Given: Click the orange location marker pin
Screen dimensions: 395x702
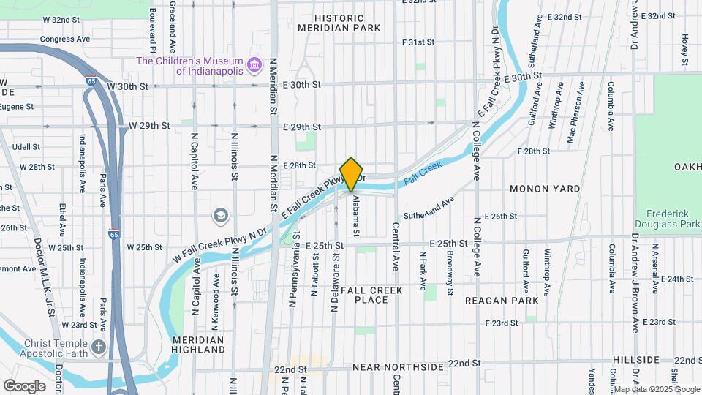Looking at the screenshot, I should (x=351, y=174).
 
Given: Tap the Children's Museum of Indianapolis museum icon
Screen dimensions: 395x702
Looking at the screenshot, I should (x=254, y=67).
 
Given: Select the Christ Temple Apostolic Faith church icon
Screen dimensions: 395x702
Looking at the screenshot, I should (x=99, y=347).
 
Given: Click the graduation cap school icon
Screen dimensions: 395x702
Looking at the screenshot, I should (x=219, y=216).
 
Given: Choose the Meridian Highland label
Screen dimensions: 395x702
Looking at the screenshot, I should (x=199, y=345).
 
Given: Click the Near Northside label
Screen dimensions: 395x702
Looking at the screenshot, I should (x=398, y=366).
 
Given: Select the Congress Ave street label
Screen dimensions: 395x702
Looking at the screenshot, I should (x=64, y=39).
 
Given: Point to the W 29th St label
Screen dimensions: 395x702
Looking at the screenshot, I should (x=149, y=126).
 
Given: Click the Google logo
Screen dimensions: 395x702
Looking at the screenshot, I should (x=24, y=385).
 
